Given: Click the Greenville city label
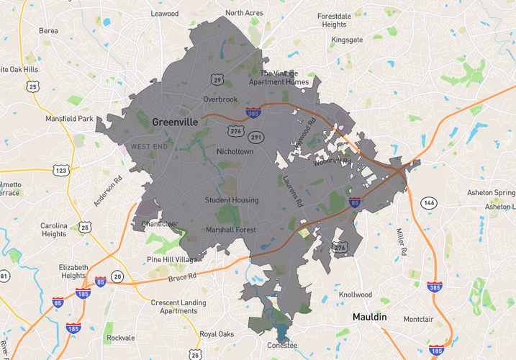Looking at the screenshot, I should pos(175,122).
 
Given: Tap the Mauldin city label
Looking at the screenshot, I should pos(370,317).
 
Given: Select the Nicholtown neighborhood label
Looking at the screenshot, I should pos(235,152).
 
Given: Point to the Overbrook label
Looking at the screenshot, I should pos(219,99).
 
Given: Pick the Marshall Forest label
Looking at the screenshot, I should pos(231,230).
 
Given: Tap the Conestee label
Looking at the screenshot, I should pos(281,345).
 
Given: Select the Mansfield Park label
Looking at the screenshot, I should pos(70,118).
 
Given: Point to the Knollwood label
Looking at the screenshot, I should pos(355,294).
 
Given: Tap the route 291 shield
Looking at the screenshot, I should pos(257,137).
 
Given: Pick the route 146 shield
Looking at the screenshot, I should pos(429,202).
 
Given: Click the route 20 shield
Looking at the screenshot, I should pos(117,276).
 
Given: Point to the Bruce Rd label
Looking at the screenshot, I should pos(182,277).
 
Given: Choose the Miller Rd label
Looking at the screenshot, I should pos(401,241).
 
